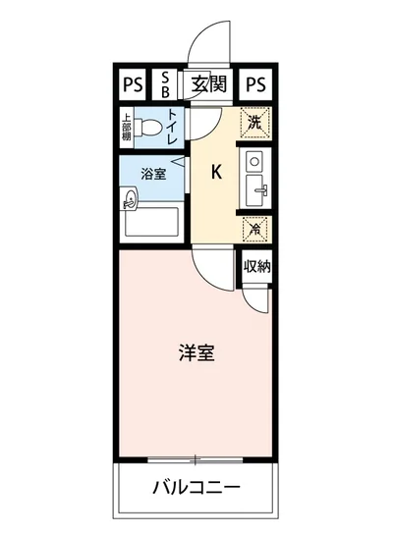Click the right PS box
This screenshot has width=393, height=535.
click(x=256, y=84)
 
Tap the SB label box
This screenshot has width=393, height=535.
click(x=165, y=84)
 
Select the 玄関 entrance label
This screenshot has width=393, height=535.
click(x=209, y=84)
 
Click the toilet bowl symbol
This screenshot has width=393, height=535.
click(x=150, y=129)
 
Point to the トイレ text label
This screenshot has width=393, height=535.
click(x=173, y=129)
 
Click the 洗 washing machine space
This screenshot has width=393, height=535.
click(x=254, y=123)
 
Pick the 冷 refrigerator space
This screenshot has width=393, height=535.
click(x=254, y=230)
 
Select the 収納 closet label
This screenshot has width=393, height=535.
click(x=256, y=266)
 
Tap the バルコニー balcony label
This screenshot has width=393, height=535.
click(x=196, y=488)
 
